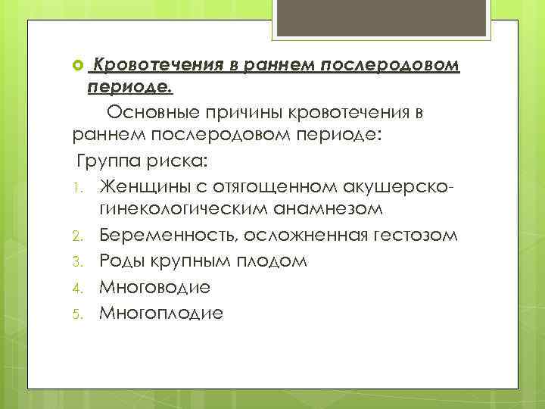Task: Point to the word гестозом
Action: [x=414, y=236]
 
